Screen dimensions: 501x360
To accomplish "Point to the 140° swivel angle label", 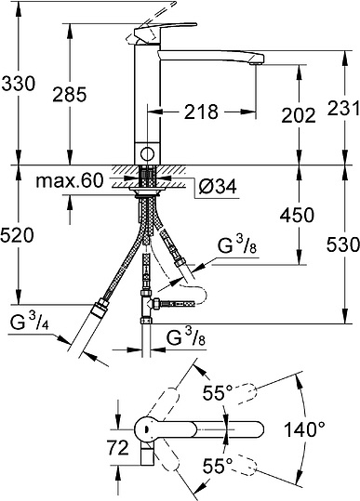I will [330, 430].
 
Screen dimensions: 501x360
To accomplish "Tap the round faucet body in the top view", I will [144, 428].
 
